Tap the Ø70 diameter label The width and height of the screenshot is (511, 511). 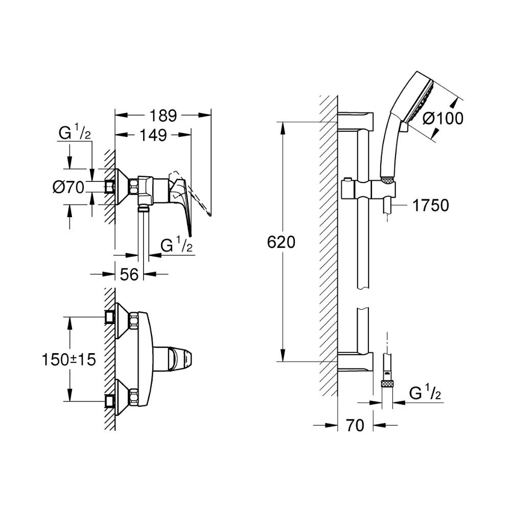pos(68,188)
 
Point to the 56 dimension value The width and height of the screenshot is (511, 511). pos(130,274)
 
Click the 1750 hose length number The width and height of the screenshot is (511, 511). pos(430,205)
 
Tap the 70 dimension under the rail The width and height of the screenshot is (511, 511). pos(355,425)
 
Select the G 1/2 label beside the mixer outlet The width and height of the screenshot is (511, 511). pos(176,246)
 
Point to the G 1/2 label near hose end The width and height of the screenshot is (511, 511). pos(426,393)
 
